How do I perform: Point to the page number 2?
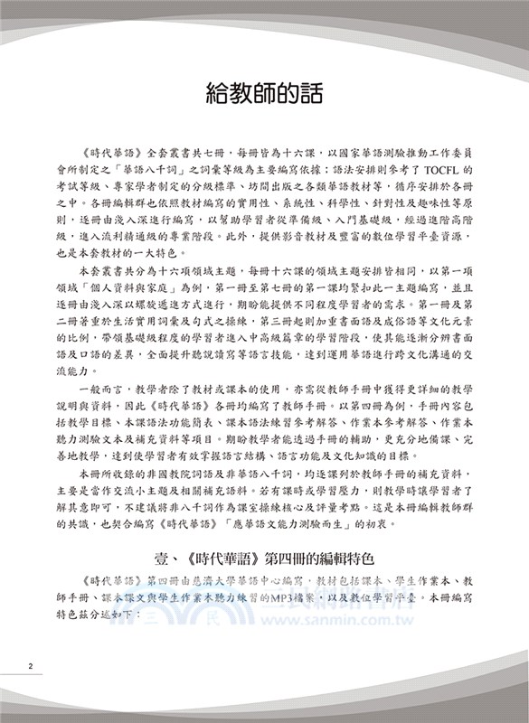pyautogui.click(x=31, y=667)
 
